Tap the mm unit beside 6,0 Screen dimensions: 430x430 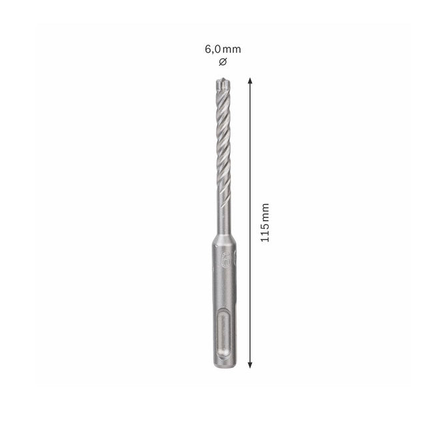pos(231,49)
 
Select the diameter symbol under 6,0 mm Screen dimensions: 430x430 pos(222,62)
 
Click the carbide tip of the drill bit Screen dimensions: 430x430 pos(222,85)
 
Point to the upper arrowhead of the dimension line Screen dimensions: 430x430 pos(250,79)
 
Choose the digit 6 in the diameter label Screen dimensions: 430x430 pos(207,49)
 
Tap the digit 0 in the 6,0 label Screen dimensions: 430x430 pos(216,49)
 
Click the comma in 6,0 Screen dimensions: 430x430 pos(211,52)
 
